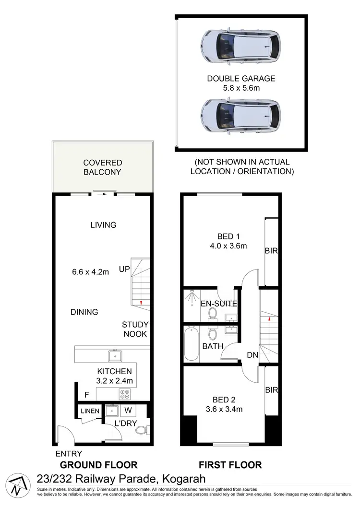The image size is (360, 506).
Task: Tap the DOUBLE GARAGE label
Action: (x=241, y=79)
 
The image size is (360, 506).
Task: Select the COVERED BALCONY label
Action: (x=103, y=167)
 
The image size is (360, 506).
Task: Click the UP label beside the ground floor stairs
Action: (x=124, y=270)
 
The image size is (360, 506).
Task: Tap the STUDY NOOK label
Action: (x=134, y=329)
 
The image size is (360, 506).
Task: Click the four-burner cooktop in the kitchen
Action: (x=125, y=394)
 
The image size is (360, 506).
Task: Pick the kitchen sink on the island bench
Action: (x=115, y=356)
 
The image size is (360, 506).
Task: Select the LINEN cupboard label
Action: (x=90, y=411)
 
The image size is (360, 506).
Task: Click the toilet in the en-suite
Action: (x=213, y=314)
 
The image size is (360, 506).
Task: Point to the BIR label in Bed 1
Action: (x=272, y=251)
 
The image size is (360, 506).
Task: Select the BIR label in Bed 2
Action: (x=272, y=390)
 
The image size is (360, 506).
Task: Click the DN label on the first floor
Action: (x=253, y=355)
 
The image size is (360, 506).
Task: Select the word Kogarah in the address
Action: (x=184, y=479)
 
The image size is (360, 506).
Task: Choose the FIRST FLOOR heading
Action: (x=230, y=465)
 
